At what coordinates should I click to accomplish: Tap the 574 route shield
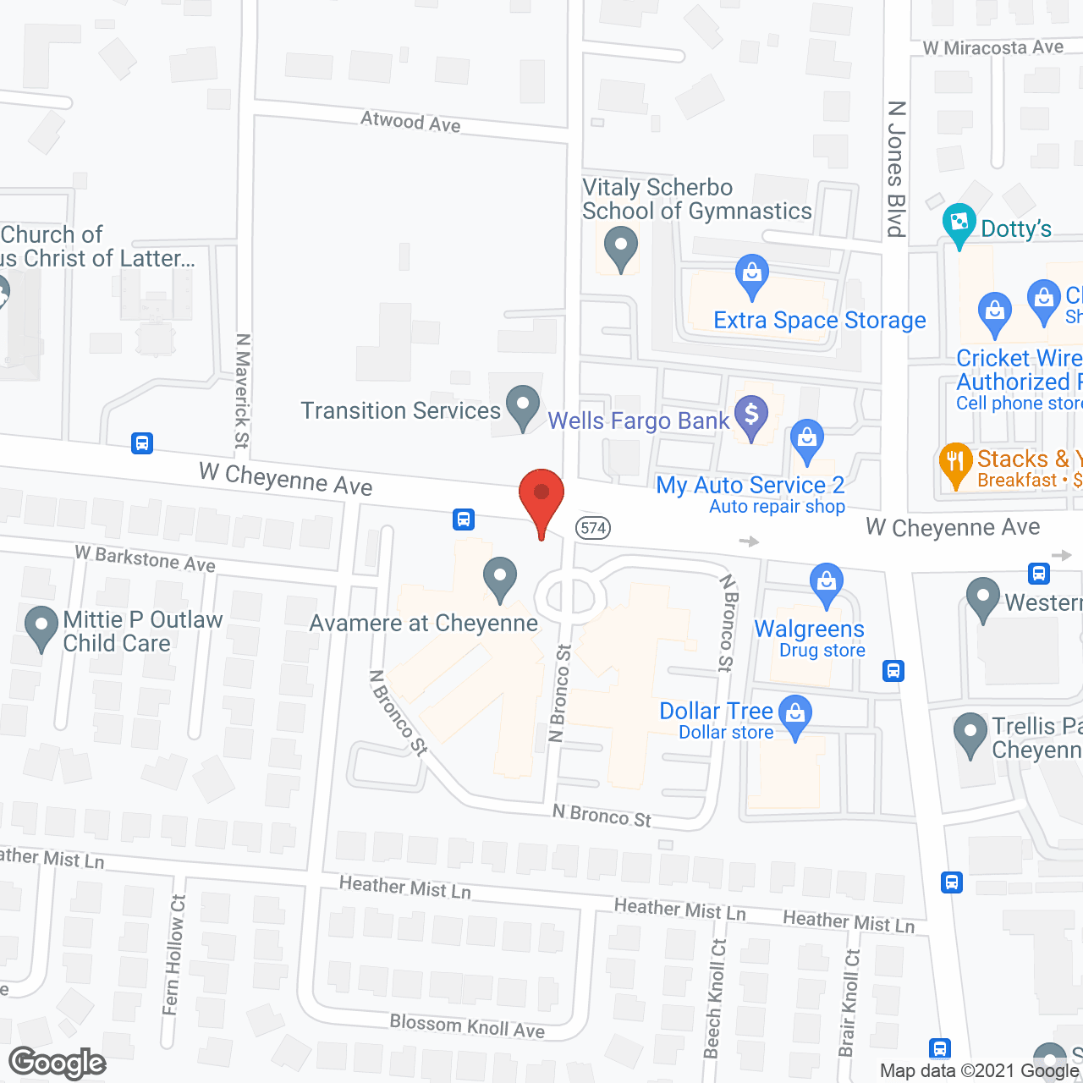tap(593, 528)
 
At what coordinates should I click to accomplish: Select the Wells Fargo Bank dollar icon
tap(750, 416)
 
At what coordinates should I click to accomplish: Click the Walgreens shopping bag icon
tap(826, 582)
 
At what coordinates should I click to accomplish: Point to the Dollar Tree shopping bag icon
tap(794, 714)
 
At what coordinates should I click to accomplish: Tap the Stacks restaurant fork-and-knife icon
tap(955, 462)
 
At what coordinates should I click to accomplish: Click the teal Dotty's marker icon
tap(959, 223)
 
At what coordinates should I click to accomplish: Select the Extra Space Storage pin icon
tap(751, 273)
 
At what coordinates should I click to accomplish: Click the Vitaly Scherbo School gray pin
tap(621, 249)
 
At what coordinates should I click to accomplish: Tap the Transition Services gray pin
tap(523, 404)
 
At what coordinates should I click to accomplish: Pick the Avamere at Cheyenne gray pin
tap(500, 576)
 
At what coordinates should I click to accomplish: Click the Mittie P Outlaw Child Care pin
tap(41, 627)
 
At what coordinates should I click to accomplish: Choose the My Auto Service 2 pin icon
tap(807, 439)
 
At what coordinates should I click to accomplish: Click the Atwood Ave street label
tap(410, 122)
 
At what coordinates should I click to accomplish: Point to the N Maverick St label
tap(243, 390)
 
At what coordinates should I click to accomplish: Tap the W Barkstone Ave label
tap(145, 558)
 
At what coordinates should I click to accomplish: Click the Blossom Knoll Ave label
tap(467, 1025)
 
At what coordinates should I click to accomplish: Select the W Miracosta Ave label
tap(992, 47)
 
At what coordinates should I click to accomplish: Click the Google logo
tap(57, 1063)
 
